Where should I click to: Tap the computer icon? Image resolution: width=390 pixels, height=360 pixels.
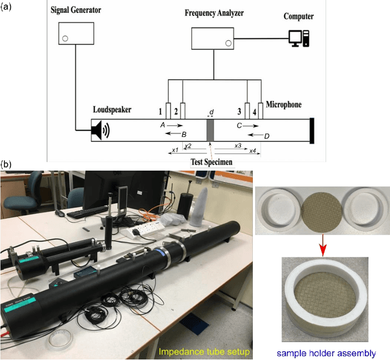click(298, 37)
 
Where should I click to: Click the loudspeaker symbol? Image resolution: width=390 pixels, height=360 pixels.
click(100, 129)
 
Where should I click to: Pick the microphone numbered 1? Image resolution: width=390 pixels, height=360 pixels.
click(168, 111)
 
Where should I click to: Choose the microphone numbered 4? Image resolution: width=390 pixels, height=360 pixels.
click(261, 111)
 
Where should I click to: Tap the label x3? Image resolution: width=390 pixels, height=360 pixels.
click(238, 146)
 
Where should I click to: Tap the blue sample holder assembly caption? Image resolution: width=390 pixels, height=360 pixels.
click(325, 353)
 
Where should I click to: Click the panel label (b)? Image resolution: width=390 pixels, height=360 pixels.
click(5, 164)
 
